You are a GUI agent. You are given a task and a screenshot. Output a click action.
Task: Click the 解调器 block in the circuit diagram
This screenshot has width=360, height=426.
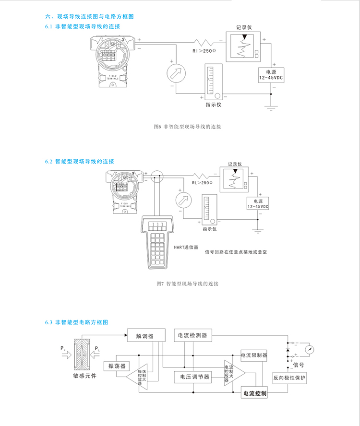coord(145,336)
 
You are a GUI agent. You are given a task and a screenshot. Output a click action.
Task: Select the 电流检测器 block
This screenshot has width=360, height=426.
coord(192,335)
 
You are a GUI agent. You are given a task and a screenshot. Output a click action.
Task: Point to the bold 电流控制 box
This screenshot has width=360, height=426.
coord(255,393)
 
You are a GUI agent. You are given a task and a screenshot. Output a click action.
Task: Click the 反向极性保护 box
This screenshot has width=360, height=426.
coord(289,378)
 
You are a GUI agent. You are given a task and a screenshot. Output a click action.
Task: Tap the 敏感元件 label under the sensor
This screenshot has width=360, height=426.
coord(85,376)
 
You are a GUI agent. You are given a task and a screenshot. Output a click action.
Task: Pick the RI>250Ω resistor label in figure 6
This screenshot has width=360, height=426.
coord(204,51)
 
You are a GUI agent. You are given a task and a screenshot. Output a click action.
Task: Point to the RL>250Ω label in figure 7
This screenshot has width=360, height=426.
coord(202,183)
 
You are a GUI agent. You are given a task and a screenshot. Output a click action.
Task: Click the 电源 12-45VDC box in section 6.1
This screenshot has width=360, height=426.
coord(271,74)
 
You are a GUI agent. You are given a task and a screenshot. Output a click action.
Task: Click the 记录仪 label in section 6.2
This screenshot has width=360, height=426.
coord(236,163)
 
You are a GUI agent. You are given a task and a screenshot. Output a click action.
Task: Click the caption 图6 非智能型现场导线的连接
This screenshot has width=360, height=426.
coord(187,128)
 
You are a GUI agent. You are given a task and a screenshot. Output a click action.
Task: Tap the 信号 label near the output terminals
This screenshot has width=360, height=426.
coord(298,365)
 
